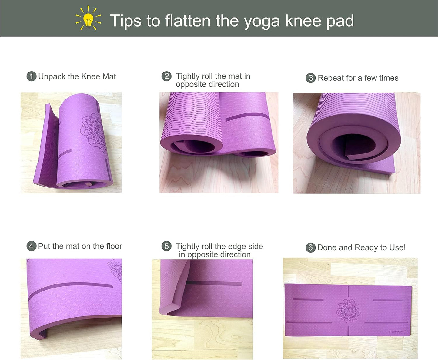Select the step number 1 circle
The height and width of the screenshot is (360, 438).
tap(31, 76)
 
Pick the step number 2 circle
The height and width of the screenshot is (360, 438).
tap(166, 76)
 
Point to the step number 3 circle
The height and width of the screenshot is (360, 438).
tap(311, 78)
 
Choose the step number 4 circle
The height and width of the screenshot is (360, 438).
tap(31, 246)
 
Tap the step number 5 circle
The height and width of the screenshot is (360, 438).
tap(166, 246)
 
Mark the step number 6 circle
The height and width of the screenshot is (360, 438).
tap(311, 247)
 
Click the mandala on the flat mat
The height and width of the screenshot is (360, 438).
tap(348, 311)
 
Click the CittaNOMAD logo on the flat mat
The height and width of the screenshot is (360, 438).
tap(397, 331)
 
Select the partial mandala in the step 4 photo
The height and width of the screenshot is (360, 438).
tap(115, 271)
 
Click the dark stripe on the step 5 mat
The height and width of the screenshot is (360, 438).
tap(214, 283)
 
